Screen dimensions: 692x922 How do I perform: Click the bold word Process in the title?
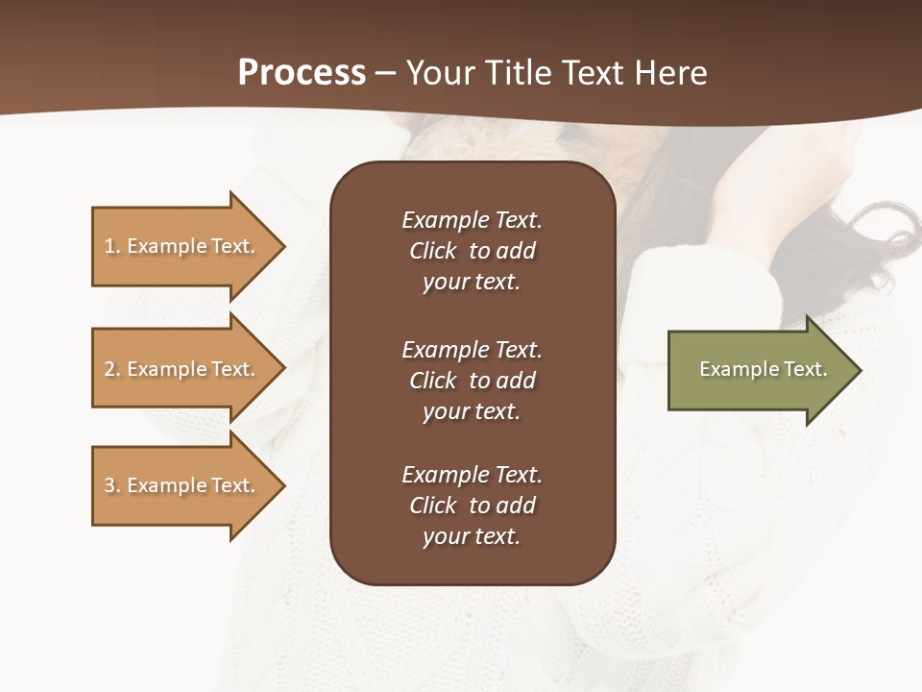[302, 73]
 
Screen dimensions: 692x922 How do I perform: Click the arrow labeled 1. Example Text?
[182, 246]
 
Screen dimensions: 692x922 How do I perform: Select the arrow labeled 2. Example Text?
[182, 369]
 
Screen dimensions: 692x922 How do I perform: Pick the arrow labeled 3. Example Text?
[182, 485]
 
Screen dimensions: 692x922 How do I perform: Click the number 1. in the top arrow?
[111, 246]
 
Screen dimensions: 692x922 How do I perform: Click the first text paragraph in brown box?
[472, 251]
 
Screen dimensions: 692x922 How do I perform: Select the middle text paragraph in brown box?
[472, 381]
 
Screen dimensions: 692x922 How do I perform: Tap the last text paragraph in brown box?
[472, 506]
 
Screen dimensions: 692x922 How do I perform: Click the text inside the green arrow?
[763, 369]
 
